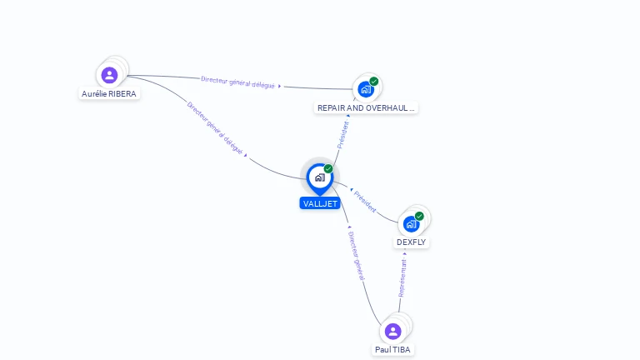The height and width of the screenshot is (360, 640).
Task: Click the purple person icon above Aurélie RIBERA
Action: point(109,75)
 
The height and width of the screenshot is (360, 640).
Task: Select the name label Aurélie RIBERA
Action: point(109,94)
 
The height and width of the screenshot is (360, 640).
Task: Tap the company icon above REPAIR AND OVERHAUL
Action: point(365,89)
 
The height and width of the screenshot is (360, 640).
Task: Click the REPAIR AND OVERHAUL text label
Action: point(365,108)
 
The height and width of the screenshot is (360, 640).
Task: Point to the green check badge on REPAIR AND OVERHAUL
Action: point(374,81)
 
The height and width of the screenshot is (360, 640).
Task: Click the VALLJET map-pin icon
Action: point(319,177)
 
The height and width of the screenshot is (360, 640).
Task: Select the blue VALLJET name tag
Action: point(320,203)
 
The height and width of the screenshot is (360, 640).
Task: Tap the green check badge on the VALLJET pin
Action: point(328,169)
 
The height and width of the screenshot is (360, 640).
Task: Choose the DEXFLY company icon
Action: point(411,223)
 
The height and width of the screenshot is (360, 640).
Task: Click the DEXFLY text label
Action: point(411,242)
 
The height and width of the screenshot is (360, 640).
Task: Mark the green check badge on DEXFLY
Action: point(419,216)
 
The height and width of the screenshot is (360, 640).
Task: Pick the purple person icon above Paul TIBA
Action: point(393,331)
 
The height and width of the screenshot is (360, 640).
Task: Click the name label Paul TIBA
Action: point(392,350)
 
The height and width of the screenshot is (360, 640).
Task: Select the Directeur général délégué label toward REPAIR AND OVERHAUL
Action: point(237,82)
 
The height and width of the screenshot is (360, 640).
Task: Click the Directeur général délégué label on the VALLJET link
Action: point(215,129)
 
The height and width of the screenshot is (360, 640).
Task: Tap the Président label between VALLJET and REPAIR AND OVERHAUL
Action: point(342,135)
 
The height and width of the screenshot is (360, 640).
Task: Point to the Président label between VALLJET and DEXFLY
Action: point(365,201)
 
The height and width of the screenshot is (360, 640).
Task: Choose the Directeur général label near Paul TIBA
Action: point(356,256)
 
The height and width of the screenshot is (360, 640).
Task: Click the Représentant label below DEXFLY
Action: point(402,277)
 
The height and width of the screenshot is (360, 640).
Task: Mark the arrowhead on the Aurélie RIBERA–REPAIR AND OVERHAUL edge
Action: point(280,86)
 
